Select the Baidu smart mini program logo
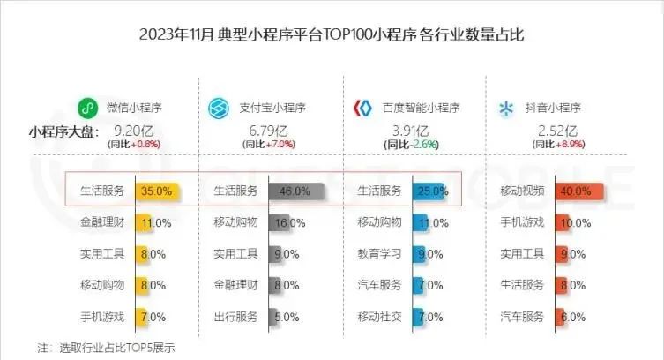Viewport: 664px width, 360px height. coord(362,109)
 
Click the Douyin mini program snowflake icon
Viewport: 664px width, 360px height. coord(507,109)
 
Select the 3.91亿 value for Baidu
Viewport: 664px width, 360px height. coord(407,131)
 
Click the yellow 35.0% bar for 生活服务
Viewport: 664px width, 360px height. coord(158,191)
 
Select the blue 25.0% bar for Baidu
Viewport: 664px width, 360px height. coord(431,191)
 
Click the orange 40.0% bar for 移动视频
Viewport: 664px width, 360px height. coord(578,191)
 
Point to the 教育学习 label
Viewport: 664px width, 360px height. coord(379,254)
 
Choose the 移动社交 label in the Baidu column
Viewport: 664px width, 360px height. coord(379,316)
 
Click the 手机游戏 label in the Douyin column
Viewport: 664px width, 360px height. coord(523,222)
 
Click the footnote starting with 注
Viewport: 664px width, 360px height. coord(106,347)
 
